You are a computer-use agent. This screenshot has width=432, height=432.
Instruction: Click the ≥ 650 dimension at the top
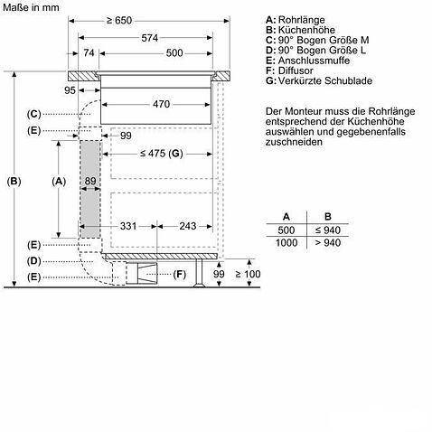pyautogui.click(x=119, y=21)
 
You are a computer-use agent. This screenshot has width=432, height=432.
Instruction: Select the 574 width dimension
pyautogui.click(x=150, y=38)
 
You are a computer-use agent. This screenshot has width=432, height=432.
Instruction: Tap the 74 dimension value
pyautogui.click(x=89, y=53)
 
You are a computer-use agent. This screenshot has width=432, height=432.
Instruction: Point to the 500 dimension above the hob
pyautogui.click(x=174, y=53)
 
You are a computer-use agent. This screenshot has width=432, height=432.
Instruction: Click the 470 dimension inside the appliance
pyautogui.click(x=162, y=104)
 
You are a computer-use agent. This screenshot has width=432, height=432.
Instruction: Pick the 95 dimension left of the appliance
pyautogui.click(x=70, y=90)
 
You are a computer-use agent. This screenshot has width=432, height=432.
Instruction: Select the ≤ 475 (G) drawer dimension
pyautogui.click(x=162, y=154)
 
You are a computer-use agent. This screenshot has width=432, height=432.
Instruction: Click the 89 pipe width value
pyautogui.click(x=90, y=181)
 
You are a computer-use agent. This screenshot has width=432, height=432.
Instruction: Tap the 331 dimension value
pyautogui.click(x=128, y=226)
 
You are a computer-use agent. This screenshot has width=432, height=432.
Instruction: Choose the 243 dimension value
pyautogui.click(x=188, y=226)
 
